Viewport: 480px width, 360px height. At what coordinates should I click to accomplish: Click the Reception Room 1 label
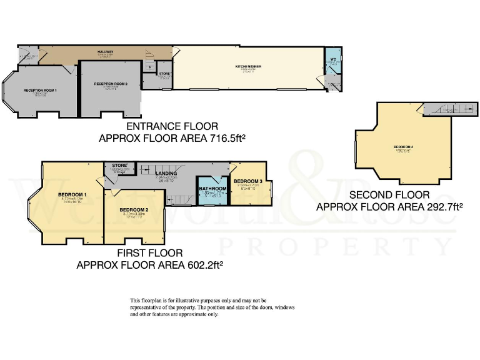[x=41, y=91]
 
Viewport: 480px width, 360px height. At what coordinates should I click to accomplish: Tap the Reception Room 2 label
[x=111, y=83]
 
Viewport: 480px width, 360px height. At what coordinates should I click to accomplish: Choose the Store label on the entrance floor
[x=164, y=74]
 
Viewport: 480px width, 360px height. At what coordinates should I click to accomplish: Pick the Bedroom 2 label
[x=134, y=209]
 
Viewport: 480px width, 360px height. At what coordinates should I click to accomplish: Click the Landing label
[x=167, y=173]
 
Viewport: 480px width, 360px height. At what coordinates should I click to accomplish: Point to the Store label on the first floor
[x=117, y=166]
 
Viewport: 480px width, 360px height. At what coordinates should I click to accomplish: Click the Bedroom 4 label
[x=403, y=147]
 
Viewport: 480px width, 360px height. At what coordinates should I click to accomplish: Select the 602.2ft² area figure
[x=202, y=264]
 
